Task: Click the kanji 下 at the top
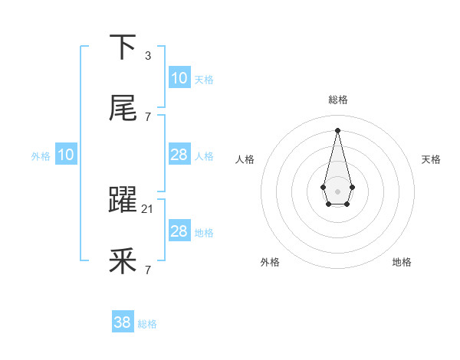click(123, 47)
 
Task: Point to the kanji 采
click(123, 263)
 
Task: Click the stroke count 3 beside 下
click(148, 56)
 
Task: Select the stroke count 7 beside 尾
click(148, 117)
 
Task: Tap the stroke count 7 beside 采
click(148, 270)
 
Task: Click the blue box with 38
click(123, 322)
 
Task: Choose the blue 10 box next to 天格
click(179, 78)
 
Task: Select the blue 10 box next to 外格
click(66, 155)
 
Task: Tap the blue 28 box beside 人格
click(179, 155)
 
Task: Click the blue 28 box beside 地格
click(179, 231)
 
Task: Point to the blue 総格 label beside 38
click(147, 324)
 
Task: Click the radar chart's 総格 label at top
click(337, 100)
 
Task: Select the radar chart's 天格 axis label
click(432, 159)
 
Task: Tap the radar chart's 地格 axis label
click(402, 262)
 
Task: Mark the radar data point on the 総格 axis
click(337, 129)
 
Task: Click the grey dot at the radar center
click(337, 190)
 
